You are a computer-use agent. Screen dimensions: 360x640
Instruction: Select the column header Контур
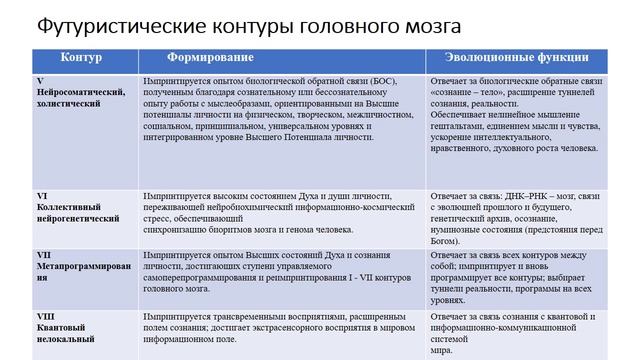82,58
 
